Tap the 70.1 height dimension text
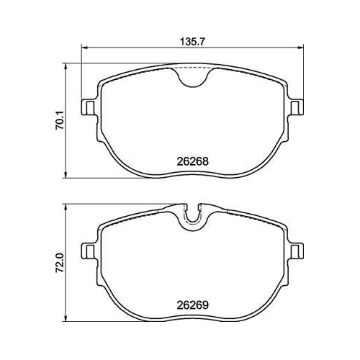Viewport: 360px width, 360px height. pos(63,119)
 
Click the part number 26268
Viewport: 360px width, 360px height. pos(193,162)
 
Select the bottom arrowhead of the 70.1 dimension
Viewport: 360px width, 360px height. pos(67,174)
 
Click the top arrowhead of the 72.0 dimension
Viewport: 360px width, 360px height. pos(67,206)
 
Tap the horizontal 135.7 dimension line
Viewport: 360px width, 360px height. pos(144,49)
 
